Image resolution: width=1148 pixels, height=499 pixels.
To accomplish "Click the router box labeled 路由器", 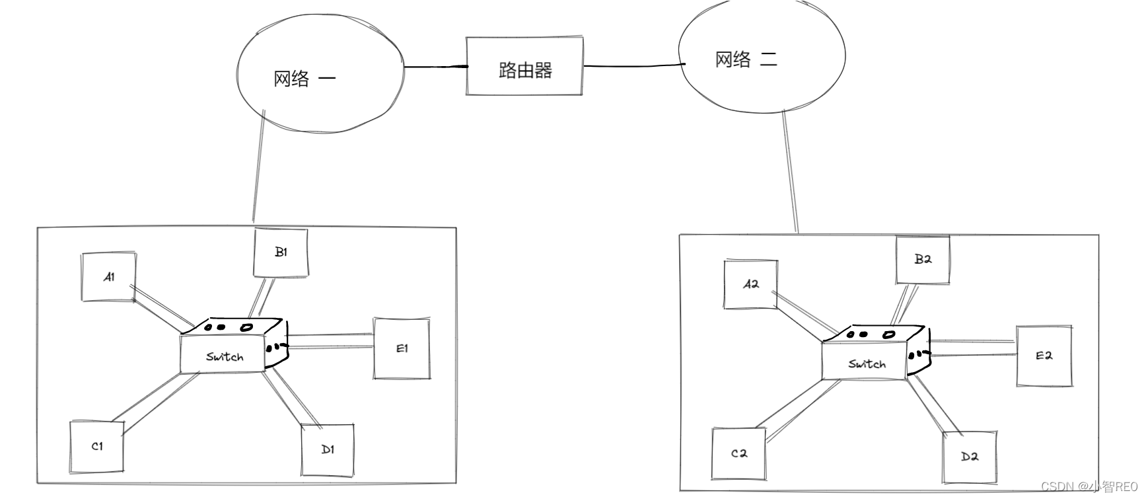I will click(x=524, y=67).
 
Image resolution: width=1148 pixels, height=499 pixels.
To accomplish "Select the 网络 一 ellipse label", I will click(x=305, y=79).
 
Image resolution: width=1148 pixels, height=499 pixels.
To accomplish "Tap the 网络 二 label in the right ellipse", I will click(x=746, y=60).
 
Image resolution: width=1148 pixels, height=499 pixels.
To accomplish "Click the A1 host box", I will click(x=108, y=277).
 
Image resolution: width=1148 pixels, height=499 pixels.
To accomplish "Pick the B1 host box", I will click(x=281, y=252).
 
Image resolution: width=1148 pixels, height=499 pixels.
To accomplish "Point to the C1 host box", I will click(x=96, y=447).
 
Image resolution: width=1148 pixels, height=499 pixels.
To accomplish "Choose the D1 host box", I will click(x=328, y=450).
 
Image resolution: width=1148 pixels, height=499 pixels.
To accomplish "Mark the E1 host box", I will click(x=402, y=348).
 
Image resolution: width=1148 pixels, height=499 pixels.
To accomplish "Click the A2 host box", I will click(x=750, y=285).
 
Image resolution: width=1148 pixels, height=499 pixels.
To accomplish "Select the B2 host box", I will click(x=923, y=260).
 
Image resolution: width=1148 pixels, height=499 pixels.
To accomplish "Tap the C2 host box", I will click(x=738, y=454).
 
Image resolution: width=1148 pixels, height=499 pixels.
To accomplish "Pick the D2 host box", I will click(x=969, y=457).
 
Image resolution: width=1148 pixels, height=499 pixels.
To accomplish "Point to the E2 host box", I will click(x=1044, y=356).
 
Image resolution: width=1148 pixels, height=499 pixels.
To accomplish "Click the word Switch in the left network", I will click(x=225, y=357).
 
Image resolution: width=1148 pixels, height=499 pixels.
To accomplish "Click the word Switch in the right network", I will click(x=867, y=364).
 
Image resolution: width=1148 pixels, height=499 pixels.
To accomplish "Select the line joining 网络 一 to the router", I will click(x=435, y=67).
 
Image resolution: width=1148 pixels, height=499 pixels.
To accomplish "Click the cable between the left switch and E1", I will click(x=330, y=341).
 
